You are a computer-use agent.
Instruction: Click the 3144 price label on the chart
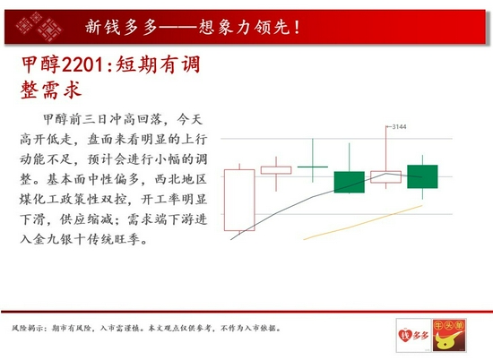pos(399,126)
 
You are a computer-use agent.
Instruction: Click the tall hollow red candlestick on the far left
pos(239,200)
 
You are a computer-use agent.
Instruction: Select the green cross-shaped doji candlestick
pos(313,167)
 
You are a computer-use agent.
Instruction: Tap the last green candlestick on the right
pos(422,176)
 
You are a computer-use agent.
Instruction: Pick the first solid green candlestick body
pos(349,182)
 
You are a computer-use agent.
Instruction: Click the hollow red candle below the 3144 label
pos(385,176)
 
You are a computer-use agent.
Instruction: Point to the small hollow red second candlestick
pos(276,170)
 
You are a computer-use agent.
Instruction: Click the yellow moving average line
pos(362,223)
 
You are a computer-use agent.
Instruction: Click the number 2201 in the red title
pos(82,65)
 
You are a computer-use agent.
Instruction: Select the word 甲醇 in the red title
pos(40,65)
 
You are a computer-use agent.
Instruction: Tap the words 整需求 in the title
pos(51,90)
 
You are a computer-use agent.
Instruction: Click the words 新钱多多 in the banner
pos(121,27)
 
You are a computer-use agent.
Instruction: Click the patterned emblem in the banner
pos(39,27)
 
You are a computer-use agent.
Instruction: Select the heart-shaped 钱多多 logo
pos(413,335)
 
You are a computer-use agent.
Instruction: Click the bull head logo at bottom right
pos(449,335)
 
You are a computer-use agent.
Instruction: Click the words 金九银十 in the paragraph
pos(53,239)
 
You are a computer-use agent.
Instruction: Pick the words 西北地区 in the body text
pos(180,179)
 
